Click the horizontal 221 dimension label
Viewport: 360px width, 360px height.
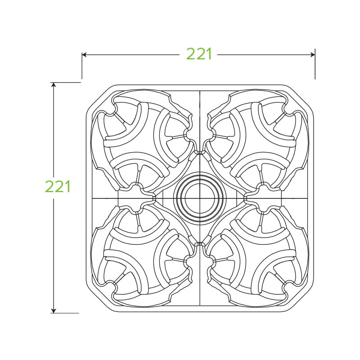click(x=199, y=54)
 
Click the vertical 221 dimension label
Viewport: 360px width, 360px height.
click(x=58, y=186)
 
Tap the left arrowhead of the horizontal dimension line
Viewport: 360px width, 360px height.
click(x=85, y=54)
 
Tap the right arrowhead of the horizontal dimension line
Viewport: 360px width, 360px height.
click(x=312, y=54)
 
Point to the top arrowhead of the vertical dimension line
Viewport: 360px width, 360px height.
click(x=54, y=85)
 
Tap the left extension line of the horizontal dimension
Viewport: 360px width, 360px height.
click(x=82, y=67)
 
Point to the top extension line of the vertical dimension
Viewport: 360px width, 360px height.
click(x=67, y=82)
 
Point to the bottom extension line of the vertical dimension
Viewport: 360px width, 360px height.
click(x=67, y=313)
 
